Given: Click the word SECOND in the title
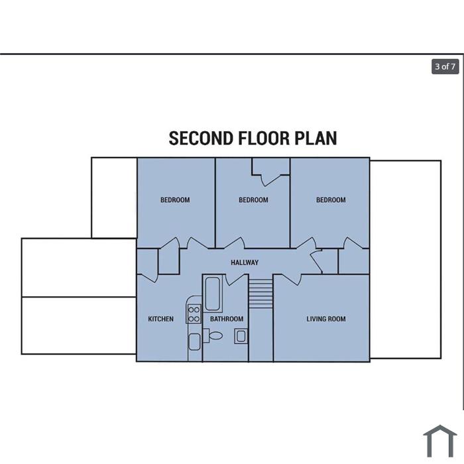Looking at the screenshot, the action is coord(201,138).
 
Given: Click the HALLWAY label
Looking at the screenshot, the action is coord(245,262).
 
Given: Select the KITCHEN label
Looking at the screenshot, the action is coord(160,319).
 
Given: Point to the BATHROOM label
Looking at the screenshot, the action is coord(227,319).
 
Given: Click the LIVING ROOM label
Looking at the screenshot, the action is coord(326,319).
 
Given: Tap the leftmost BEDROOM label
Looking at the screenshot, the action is coord(175,200).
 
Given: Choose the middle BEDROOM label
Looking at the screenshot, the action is coord(253,200).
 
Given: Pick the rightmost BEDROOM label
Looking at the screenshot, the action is coord(331,200).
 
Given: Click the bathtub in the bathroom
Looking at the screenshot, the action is coord(213,294).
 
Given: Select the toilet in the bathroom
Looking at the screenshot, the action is coord(213,335).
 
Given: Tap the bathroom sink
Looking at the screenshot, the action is coord(241,336).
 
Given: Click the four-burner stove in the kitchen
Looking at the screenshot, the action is coord(194,314).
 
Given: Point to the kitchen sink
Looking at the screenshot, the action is coord(194,342).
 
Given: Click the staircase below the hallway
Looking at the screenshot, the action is coord(261,293).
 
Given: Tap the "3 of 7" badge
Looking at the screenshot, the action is coord(445,66).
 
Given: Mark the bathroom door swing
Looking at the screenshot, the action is coord(236,280).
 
